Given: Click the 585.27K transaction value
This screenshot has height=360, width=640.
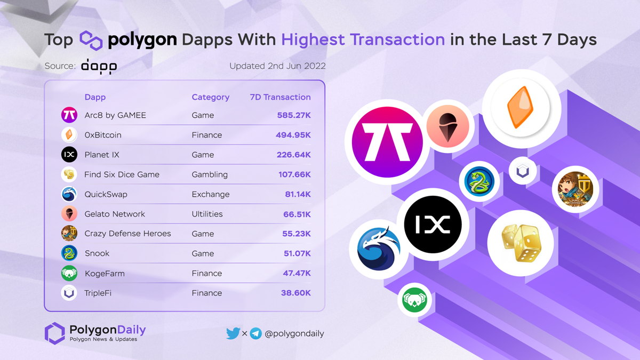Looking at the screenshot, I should (x=293, y=115).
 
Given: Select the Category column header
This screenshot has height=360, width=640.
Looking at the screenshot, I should (x=210, y=97).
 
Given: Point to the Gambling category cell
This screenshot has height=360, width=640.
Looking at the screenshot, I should (x=210, y=174).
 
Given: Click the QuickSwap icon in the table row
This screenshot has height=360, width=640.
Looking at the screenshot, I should (x=69, y=194).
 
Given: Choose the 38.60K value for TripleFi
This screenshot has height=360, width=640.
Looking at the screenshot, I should (x=295, y=293).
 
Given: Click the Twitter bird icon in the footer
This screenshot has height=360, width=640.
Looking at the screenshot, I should (x=233, y=333).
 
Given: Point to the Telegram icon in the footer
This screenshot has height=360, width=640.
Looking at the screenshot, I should (x=256, y=334).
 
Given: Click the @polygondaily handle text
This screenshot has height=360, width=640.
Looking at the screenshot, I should (x=294, y=334).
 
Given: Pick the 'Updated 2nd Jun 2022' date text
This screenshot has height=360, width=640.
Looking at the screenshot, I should (x=277, y=66).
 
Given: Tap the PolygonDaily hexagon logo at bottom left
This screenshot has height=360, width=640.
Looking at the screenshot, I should (x=54, y=332).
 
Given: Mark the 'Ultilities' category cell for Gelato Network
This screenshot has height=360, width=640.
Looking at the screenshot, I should (x=207, y=214).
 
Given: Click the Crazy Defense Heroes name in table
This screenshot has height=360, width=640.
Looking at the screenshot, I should (x=127, y=234).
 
